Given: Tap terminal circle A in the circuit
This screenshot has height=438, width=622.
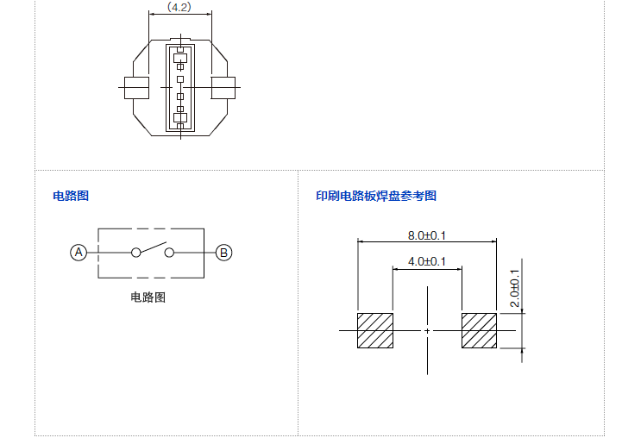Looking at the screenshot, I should pos(79,253).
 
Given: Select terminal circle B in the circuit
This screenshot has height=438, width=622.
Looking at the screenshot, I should pos(223,253).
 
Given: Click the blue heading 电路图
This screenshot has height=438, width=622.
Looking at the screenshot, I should pos(71,196).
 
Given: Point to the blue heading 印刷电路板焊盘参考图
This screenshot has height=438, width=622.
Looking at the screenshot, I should pos(376,196).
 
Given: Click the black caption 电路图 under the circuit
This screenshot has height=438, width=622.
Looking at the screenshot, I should pos(148,297).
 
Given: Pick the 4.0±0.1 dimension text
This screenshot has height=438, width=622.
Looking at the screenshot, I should pos(426,261).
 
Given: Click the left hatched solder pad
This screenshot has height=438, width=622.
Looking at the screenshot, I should pos(375,330).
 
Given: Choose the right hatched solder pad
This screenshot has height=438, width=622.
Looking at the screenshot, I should pos(479,330).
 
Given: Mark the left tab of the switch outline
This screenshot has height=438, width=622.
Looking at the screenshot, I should pos(137,88).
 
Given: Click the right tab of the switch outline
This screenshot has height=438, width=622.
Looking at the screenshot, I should pos(223,88).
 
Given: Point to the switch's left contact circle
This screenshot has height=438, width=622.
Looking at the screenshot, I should pos(135,253).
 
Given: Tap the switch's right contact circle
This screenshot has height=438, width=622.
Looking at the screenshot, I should pos(169,253).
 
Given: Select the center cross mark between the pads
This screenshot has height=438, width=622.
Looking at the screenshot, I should pos(427,330).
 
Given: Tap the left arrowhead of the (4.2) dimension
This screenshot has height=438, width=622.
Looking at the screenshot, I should pos(152,14).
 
